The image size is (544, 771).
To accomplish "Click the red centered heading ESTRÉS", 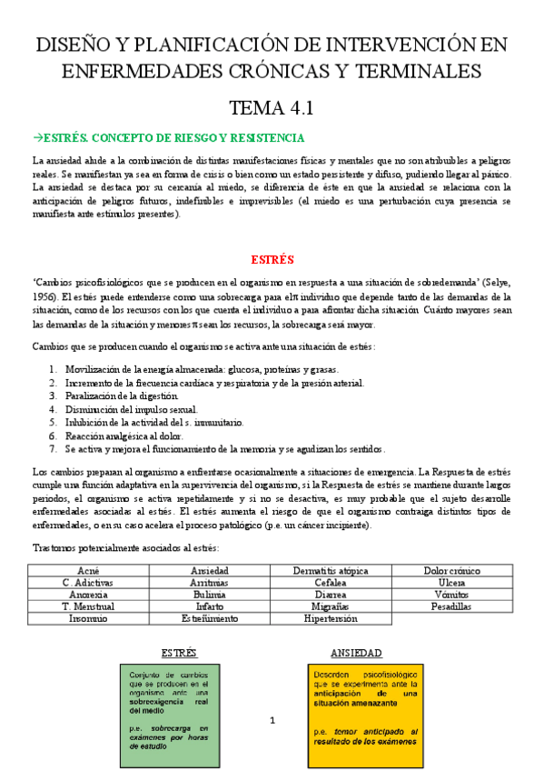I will click(x=272, y=258).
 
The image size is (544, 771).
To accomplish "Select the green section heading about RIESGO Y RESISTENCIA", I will click(x=168, y=138).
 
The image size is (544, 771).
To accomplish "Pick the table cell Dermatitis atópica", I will click(x=331, y=570).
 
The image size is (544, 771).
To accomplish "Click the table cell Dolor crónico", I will click(x=450, y=570).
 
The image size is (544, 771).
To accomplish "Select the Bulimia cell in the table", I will click(x=209, y=594).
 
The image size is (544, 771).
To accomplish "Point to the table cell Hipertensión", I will click(x=331, y=618).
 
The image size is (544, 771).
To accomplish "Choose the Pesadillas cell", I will click(x=450, y=606).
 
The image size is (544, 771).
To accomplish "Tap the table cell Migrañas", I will click(x=331, y=606).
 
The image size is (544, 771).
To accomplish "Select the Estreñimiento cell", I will click(x=209, y=618).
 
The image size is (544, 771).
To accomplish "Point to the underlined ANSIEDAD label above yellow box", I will click(x=356, y=653).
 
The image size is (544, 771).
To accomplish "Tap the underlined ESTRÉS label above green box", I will click(x=179, y=653).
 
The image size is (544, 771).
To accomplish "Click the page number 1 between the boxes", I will click(x=272, y=720).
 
